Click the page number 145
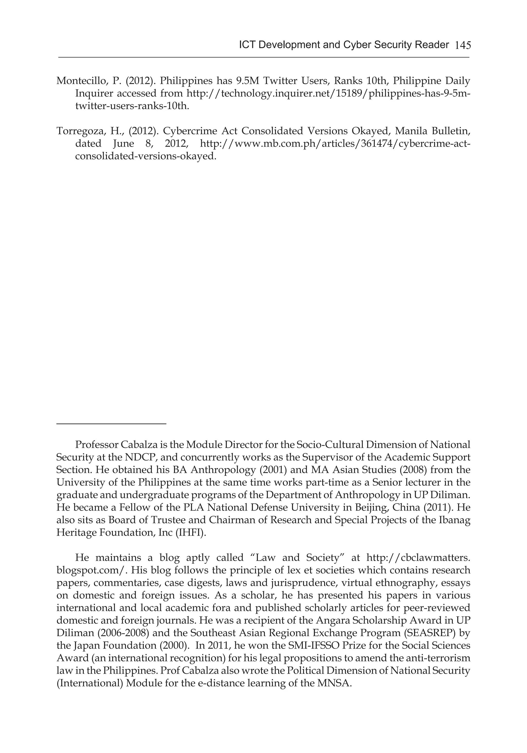[x=463, y=45]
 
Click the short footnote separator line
[x=111, y=424]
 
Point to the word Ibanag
[x=455, y=520]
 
